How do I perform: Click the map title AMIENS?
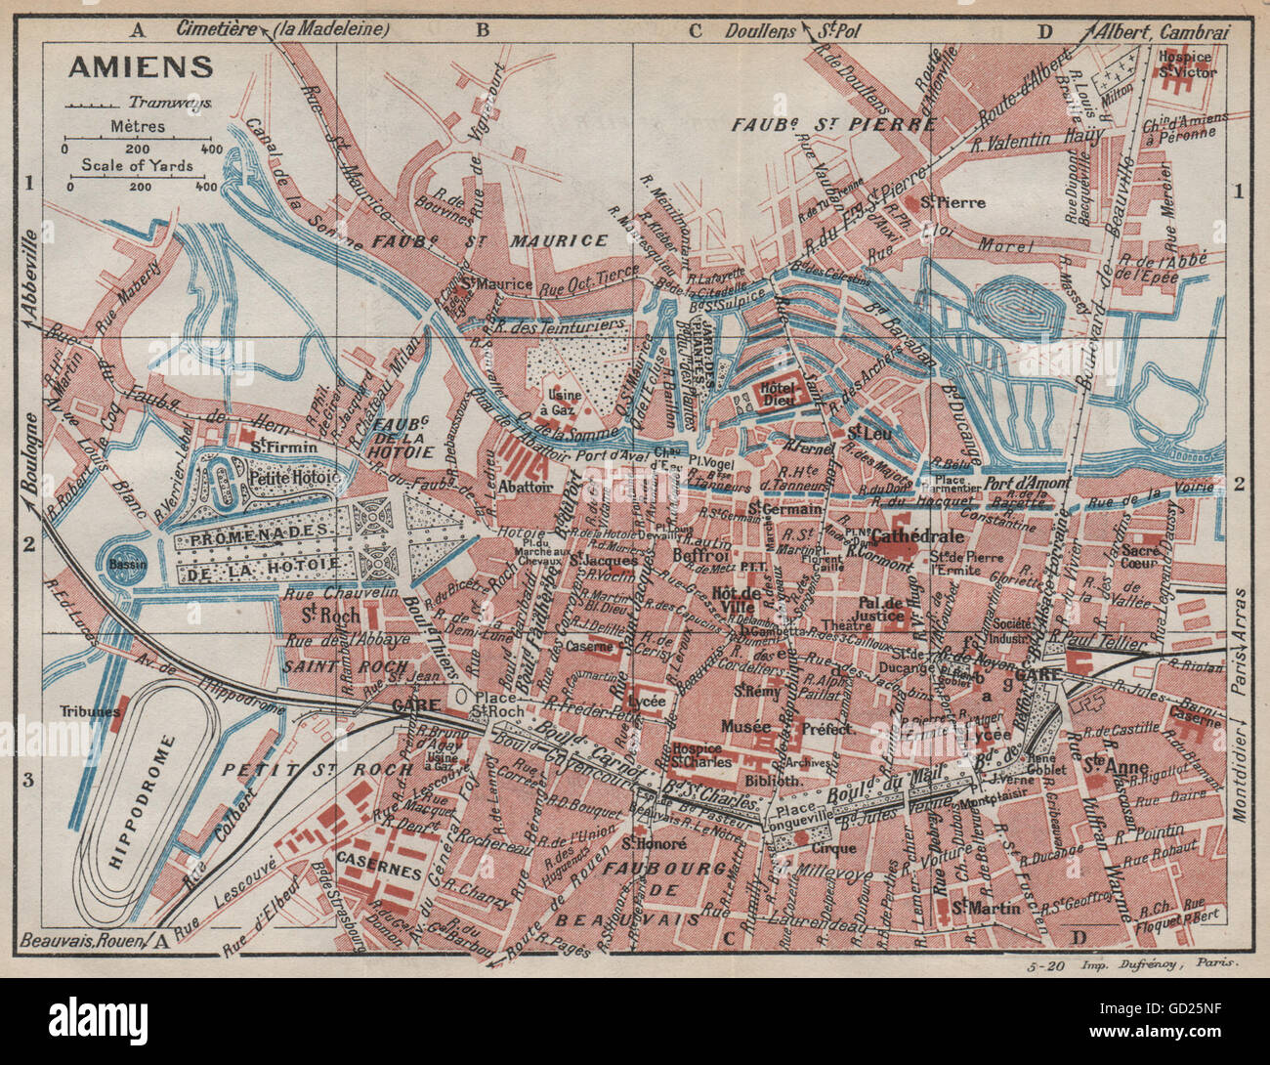(x=139, y=66)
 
